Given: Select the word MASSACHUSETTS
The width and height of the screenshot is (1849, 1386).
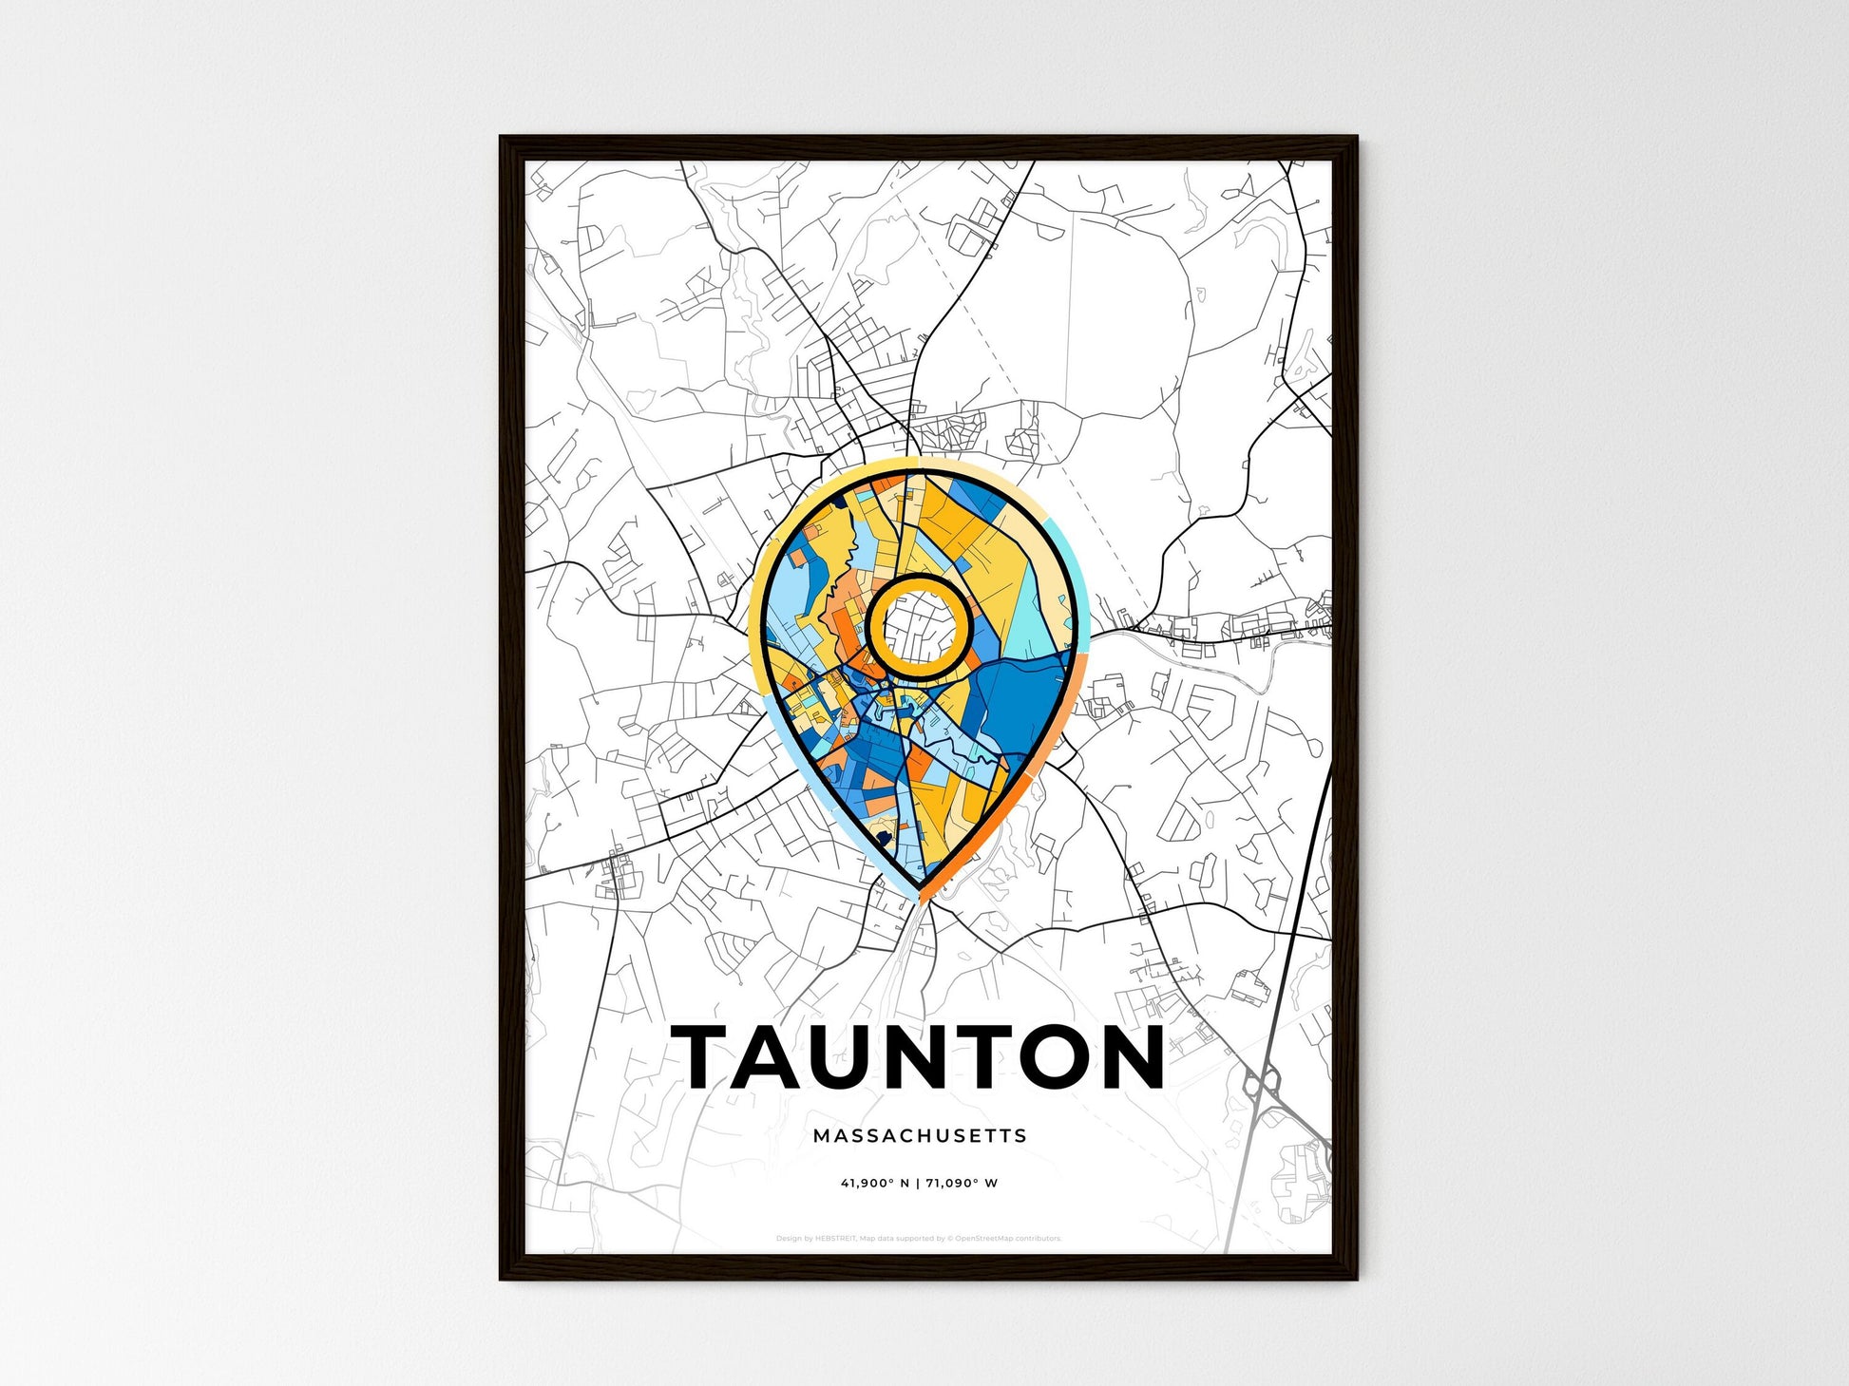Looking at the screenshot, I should (x=920, y=1135).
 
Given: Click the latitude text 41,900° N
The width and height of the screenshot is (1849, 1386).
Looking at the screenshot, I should (x=874, y=1184).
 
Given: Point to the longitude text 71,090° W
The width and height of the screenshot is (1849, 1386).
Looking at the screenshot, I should (x=962, y=1184).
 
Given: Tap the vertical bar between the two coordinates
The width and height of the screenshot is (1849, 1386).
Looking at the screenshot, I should (x=918, y=1184).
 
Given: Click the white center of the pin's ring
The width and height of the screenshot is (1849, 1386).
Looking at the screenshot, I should (x=919, y=627).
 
